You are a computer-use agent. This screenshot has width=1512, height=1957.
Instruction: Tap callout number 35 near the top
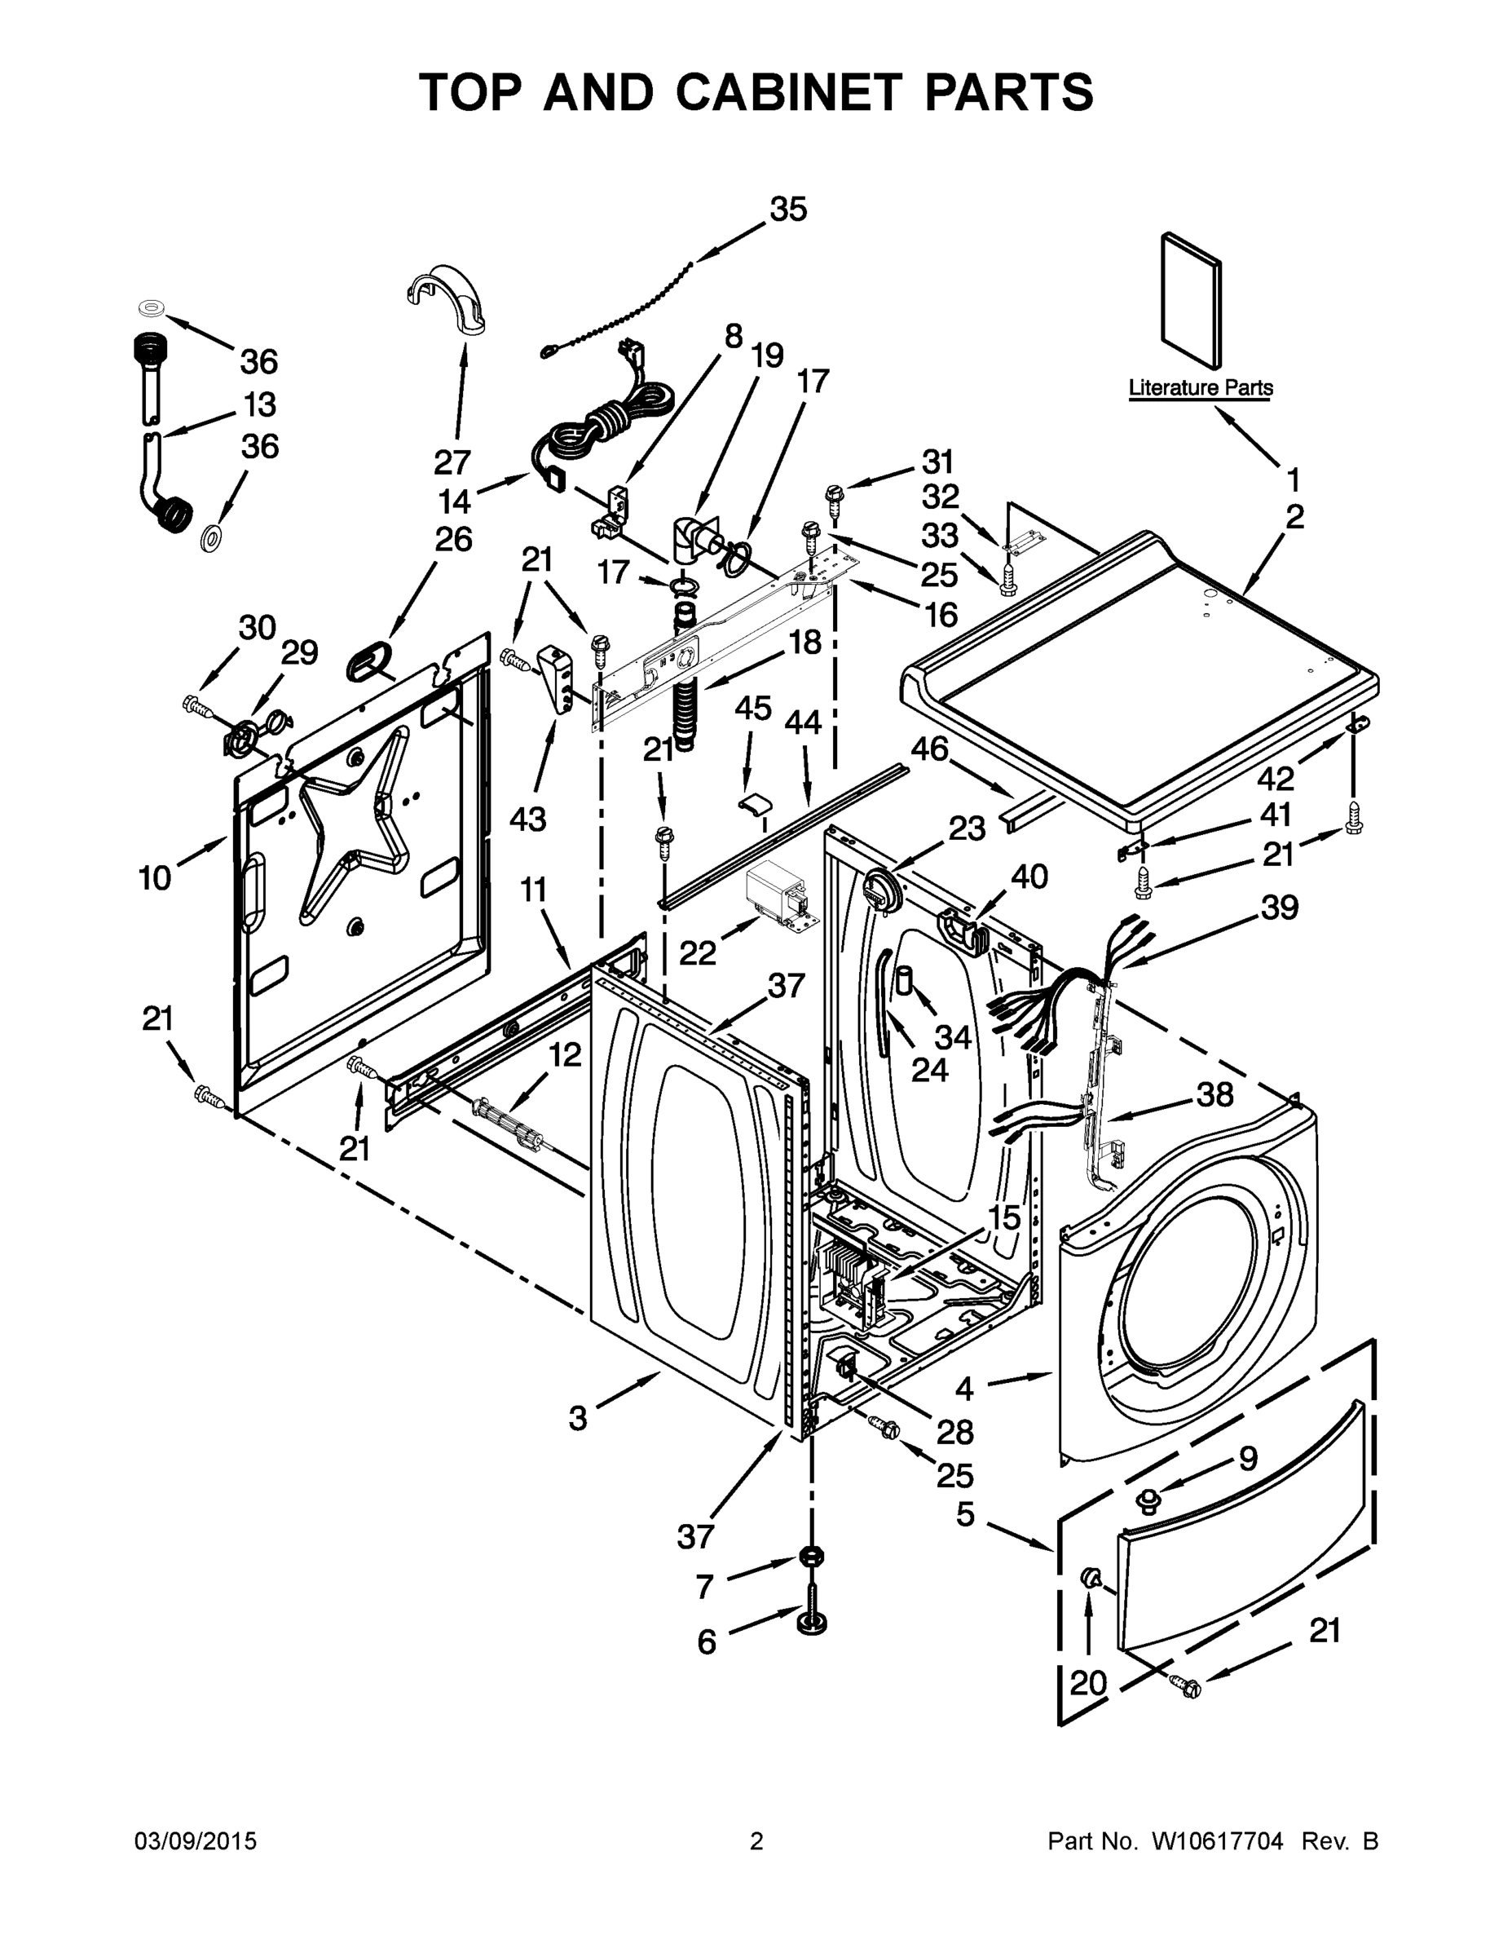coord(788,210)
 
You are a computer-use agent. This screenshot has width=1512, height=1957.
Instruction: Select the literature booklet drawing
coord(1190,301)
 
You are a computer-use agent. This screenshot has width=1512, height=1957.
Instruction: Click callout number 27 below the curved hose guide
coord(452,462)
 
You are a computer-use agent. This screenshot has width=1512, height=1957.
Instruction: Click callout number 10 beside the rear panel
coord(155,878)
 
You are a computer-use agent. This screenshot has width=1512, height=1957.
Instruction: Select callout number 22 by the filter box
coord(697,953)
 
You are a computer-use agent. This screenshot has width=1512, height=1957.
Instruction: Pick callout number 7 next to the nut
coord(705,1587)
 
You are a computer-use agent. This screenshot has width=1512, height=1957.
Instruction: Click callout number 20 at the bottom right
coord(1088,1683)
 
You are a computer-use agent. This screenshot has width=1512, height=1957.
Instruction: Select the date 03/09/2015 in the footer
coord(196,1841)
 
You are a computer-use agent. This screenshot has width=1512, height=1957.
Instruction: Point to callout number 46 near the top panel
coord(930,749)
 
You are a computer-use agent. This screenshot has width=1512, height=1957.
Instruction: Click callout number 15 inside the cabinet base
coord(1003,1217)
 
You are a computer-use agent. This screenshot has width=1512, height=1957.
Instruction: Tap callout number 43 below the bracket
coord(528,818)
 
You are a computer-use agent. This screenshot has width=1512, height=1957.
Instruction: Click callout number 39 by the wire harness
coord(1279,908)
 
